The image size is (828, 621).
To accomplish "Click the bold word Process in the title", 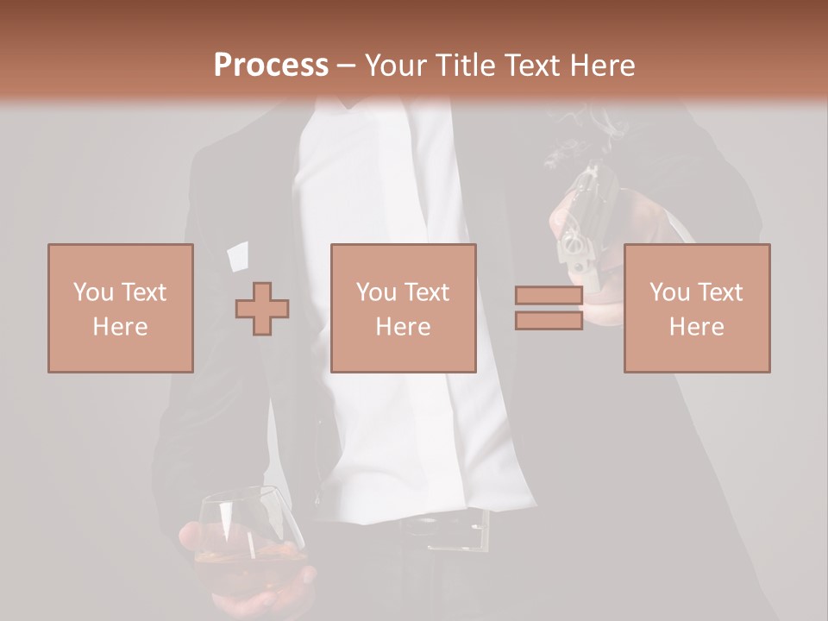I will (271, 65).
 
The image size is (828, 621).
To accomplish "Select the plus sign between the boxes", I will (262, 310).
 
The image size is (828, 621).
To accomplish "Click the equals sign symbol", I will (549, 308).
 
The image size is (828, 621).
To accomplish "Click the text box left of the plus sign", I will (121, 308).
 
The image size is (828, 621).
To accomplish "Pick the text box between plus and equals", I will (403, 308).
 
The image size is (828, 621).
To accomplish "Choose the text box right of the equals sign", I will (697, 308).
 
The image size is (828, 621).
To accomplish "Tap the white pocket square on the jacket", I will (236, 254).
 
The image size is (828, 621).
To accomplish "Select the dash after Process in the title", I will (347, 66).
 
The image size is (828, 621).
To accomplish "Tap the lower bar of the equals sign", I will (549, 320).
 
